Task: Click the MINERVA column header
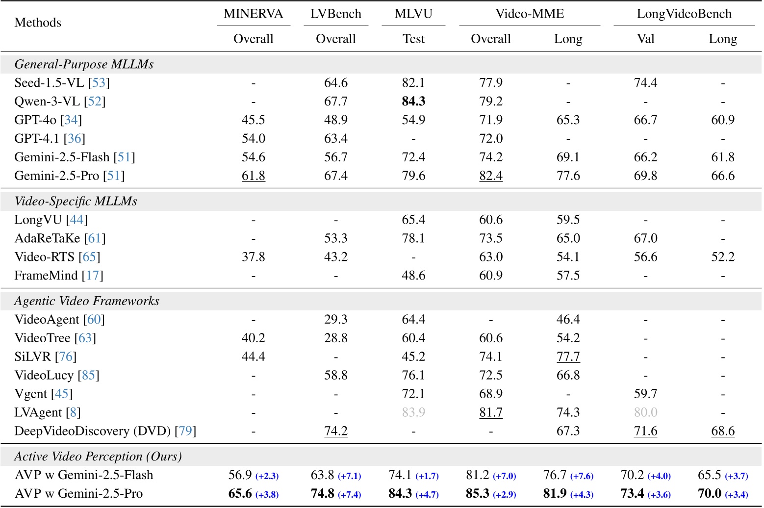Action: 253,14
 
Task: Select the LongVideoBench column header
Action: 684,14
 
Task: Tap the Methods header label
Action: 38,23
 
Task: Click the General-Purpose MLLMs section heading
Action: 84,64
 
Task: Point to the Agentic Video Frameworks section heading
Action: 87,301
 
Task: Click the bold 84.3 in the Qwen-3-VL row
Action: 413,102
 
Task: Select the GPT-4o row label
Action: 48,120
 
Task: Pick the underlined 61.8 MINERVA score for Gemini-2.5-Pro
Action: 253,176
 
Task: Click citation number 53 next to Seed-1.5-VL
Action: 99,83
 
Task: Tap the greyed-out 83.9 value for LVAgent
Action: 413,412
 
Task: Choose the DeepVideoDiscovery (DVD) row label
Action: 105,431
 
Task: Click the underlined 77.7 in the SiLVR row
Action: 568,356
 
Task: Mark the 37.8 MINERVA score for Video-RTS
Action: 253,257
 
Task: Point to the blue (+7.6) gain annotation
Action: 582,476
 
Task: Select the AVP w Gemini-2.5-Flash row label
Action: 83,475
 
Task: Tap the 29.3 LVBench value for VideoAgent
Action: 335,320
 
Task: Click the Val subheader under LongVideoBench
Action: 645,39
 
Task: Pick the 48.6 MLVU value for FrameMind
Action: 413,276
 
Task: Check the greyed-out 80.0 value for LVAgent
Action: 645,412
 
